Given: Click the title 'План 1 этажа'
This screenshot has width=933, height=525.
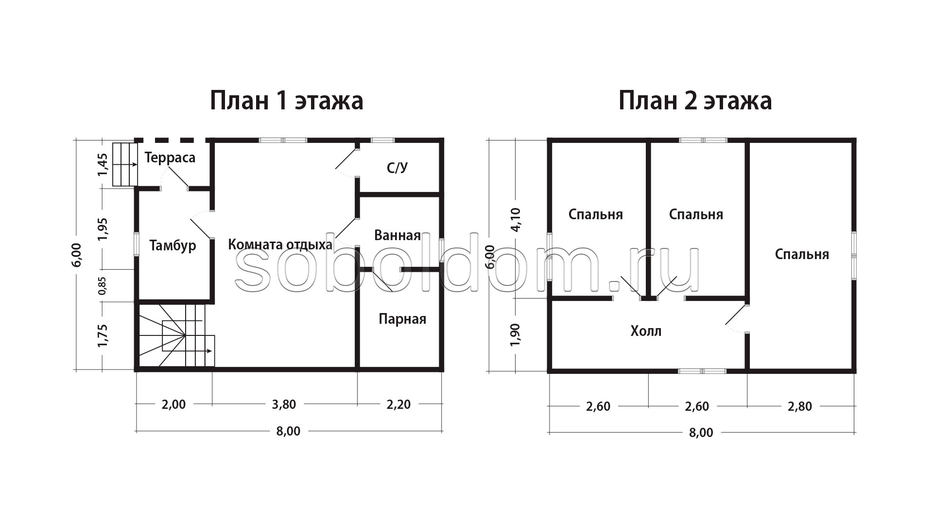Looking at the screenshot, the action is point(286,101).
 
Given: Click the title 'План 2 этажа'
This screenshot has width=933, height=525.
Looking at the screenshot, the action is point(695,101).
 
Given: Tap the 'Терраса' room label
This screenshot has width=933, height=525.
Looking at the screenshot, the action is point(170,157).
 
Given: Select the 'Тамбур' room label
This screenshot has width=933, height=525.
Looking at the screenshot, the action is point(173,245).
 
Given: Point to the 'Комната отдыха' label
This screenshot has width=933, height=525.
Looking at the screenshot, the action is point(280,244).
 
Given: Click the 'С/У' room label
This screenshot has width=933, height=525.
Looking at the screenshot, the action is point(397,168).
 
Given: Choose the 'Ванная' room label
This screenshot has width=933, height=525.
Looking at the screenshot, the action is point(397,235).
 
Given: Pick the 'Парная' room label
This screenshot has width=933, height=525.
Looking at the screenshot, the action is point(402,319).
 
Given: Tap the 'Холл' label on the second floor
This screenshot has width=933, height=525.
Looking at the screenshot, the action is point(646,331).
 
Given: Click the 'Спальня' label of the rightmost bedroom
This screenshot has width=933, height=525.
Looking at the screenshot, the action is point(802,254).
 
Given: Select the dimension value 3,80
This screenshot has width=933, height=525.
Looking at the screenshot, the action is point(284,404).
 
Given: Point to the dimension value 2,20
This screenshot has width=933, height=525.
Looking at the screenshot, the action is point(399,404).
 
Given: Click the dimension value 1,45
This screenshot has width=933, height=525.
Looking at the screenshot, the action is point(102,165).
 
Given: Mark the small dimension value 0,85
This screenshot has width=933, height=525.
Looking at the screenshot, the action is point(102,286).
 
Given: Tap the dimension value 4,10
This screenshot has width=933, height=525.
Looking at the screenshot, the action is point(516,220).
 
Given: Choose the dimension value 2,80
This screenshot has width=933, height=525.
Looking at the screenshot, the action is point(800,406).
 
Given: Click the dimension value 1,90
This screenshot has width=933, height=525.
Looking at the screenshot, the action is point(516,334).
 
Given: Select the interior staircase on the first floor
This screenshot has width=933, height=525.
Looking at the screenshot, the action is point(176,335).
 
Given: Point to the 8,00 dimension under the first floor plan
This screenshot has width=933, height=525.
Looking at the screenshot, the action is point(289,431).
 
